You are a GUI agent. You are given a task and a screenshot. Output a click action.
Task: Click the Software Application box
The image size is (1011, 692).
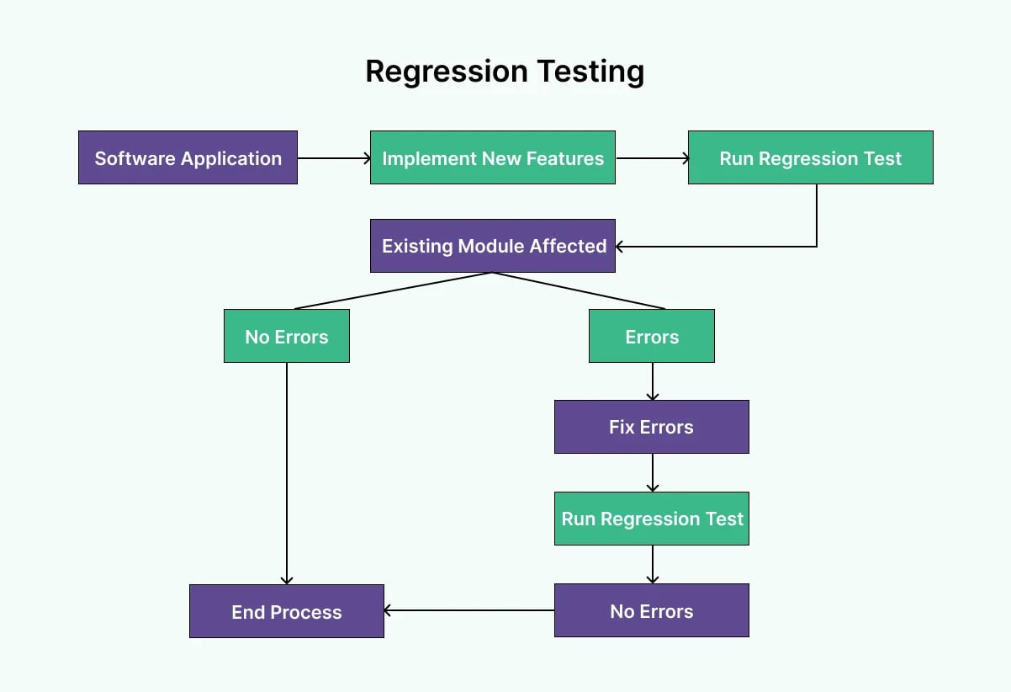188,157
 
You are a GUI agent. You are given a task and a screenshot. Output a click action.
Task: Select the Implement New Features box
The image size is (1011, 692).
492,157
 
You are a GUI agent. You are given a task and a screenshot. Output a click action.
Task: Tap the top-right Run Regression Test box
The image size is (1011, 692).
810,157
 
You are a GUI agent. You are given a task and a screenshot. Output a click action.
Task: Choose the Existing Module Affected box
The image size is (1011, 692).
492,246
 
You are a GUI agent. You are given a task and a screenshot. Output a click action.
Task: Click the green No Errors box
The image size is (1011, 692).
286,336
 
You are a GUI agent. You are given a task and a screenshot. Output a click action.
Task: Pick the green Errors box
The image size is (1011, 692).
651,336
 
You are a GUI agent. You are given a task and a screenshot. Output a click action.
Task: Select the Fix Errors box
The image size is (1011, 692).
651,427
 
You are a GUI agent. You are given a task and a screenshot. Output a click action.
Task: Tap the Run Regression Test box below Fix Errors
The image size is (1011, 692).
651,519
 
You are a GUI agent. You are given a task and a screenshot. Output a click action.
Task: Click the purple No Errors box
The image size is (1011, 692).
651,610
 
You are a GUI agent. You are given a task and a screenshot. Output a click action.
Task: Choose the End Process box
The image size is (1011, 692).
286,611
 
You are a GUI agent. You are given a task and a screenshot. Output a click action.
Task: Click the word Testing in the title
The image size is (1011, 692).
591,71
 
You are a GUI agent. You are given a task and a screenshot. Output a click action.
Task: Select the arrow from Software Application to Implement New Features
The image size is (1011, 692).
333,157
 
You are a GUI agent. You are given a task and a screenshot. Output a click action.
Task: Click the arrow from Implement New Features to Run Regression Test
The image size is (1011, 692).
651,157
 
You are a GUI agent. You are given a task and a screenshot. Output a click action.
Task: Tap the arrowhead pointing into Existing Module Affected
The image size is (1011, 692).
621,247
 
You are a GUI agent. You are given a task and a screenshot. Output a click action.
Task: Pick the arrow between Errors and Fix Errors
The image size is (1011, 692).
652,381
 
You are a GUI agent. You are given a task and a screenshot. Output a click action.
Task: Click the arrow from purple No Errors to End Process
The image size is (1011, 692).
468,610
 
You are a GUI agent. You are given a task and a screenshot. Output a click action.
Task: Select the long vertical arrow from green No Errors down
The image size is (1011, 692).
287,471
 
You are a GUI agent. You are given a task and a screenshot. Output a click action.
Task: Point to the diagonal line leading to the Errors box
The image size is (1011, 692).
580,290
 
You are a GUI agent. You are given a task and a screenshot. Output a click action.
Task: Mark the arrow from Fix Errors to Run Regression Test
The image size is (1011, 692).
652,473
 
